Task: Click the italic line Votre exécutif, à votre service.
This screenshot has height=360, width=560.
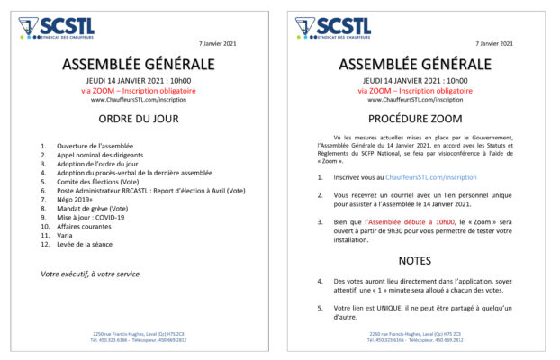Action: (91, 274)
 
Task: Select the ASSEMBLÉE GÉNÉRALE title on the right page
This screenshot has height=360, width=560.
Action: (415, 64)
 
